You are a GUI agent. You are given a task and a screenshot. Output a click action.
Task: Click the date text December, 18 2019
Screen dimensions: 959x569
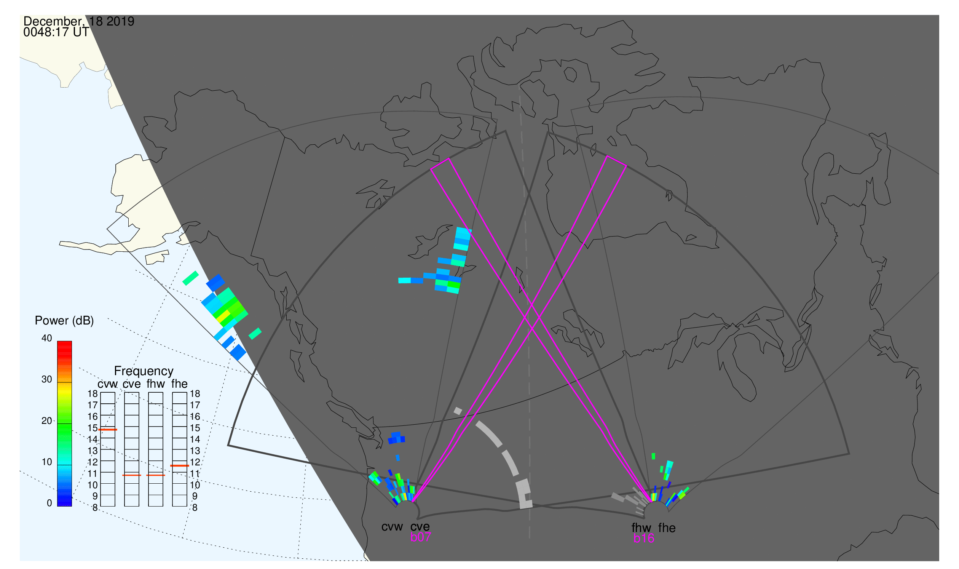click(x=79, y=21)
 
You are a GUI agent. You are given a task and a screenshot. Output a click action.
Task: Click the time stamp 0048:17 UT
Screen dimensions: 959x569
click(x=56, y=32)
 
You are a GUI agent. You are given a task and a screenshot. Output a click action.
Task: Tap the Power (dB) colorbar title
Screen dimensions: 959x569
click(x=64, y=321)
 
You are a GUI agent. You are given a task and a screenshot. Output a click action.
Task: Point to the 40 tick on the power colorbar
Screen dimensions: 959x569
click(x=47, y=338)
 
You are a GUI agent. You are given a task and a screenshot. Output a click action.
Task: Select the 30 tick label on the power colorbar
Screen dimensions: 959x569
click(x=47, y=380)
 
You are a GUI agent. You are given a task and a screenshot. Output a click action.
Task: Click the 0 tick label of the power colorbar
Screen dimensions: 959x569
click(x=49, y=503)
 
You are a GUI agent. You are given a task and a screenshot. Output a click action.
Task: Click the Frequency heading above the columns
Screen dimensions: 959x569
click(x=144, y=371)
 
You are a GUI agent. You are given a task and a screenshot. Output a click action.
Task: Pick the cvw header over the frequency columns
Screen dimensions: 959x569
click(x=108, y=384)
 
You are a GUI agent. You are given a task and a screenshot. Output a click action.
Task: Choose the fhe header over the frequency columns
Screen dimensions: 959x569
click(x=179, y=384)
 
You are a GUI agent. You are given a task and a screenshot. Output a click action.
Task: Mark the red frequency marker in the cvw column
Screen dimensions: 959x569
click(x=108, y=430)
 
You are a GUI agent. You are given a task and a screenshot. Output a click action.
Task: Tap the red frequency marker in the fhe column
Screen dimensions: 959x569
click(x=180, y=466)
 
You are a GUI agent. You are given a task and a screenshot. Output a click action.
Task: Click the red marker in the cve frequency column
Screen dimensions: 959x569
click(x=132, y=475)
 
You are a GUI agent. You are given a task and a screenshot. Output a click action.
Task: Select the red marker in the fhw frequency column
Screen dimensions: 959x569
click(x=156, y=475)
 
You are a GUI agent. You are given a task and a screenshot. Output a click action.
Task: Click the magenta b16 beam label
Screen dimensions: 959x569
click(x=643, y=539)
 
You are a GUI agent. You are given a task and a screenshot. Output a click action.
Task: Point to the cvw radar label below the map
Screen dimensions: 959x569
click(x=392, y=527)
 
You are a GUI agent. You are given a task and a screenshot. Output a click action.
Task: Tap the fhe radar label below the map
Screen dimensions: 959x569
click(x=667, y=528)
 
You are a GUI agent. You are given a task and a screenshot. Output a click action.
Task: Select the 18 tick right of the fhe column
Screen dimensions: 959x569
click(x=195, y=394)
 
